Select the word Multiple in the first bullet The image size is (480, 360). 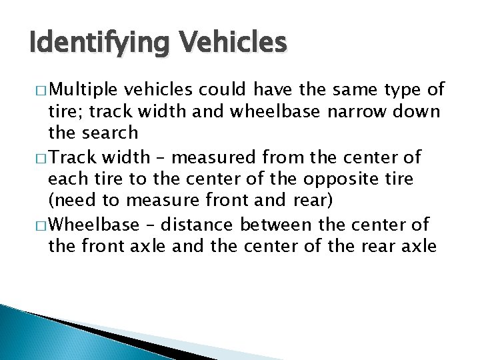tap(84, 90)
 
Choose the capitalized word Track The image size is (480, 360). tap(71, 159)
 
